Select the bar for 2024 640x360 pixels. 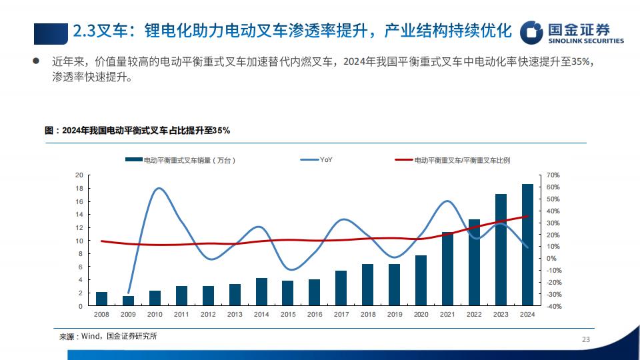point(527,245)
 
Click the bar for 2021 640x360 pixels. point(447,269)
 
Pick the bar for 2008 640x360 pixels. point(101,299)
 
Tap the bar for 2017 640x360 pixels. point(341,288)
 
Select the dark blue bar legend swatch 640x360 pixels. point(134,159)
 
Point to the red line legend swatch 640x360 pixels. point(404,159)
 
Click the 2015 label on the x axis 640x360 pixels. point(288,314)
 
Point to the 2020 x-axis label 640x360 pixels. point(421,314)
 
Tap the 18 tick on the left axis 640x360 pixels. point(79,188)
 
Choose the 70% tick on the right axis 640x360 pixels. point(553,175)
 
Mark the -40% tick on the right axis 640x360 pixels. point(554,306)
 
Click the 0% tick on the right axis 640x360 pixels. point(551,259)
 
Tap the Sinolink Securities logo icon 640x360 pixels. point(531,32)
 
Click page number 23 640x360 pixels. point(586,339)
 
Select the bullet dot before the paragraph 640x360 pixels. point(36,61)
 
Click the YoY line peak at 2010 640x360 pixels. point(159,188)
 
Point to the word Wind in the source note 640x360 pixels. point(90,336)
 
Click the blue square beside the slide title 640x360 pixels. point(51,33)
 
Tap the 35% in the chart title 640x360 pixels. point(221,131)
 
